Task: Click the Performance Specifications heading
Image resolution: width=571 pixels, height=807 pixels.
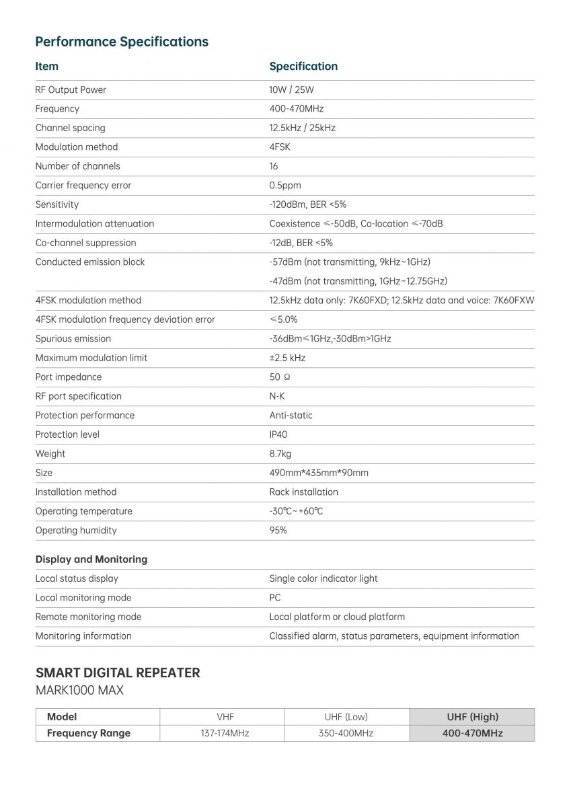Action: coord(122,42)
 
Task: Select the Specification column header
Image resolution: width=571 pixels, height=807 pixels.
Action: coord(303,67)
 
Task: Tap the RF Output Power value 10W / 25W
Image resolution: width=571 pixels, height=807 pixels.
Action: coord(292,90)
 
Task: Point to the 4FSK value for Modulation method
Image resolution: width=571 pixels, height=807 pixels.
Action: coord(280,147)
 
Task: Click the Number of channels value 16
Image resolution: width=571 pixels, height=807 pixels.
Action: coord(274,166)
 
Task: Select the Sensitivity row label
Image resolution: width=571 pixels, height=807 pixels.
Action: coord(57,204)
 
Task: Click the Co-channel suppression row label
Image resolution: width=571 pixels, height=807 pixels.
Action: coord(85,243)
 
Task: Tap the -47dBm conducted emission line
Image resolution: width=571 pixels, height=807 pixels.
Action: coord(358,281)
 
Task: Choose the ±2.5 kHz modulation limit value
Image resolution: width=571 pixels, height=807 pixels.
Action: coord(287,358)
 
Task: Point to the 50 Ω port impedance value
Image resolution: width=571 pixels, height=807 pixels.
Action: coord(280,377)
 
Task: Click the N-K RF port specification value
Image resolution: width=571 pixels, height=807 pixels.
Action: coord(277,396)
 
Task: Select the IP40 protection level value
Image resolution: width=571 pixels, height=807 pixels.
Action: coord(278,434)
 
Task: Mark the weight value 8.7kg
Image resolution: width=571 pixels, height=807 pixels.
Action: coord(280,454)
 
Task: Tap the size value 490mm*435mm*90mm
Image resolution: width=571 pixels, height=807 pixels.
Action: coord(319,473)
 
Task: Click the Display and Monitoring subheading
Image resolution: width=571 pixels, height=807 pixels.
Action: coord(91,560)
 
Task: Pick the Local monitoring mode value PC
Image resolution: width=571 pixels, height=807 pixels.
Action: coord(275,598)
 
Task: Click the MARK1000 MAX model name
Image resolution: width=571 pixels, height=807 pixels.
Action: coord(79,691)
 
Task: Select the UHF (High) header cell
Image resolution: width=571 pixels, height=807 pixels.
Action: coord(472,717)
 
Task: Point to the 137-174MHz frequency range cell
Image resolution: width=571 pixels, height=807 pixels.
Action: coord(225,733)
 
